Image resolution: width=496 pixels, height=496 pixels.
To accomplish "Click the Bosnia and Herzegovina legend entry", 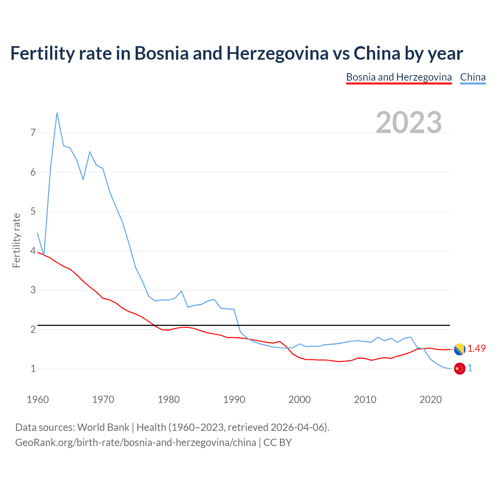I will pyautogui.click(x=399, y=77).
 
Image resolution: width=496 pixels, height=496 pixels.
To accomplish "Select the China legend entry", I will pyautogui.click(x=473, y=77).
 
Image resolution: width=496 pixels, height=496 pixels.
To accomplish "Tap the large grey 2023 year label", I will pyautogui.click(x=409, y=122).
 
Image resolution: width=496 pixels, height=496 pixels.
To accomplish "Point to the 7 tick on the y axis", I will pyautogui.click(x=33, y=133).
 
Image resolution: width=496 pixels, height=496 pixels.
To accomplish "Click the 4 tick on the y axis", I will pyautogui.click(x=33, y=251).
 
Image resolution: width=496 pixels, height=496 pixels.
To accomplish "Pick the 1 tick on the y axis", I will pyautogui.click(x=33, y=369).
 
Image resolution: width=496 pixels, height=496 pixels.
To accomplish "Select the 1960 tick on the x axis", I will pyautogui.click(x=38, y=400).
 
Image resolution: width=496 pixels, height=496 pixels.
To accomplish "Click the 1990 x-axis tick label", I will pyautogui.click(x=234, y=400).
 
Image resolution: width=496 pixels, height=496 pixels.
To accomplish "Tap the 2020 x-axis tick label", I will pyautogui.click(x=431, y=400).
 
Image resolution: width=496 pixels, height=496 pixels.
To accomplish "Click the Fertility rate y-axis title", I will pyautogui.click(x=16, y=240).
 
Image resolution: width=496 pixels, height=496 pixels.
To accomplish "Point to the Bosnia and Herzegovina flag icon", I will pyautogui.click(x=459, y=349).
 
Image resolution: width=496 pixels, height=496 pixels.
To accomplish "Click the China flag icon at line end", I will pyautogui.click(x=459, y=369).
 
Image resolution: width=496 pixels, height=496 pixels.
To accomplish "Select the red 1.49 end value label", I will pyautogui.click(x=476, y=349).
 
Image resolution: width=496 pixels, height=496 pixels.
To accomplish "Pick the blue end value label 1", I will pyautogui.click(x=470, y=368).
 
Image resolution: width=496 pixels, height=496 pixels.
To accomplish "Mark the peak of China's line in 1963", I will pyautogui.click(x=57, y=113).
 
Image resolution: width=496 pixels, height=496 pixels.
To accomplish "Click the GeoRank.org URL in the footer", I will pyautogui.click(x=136, y=443).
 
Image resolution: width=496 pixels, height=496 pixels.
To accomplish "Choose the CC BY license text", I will pyautogui.click(x=277, y=443).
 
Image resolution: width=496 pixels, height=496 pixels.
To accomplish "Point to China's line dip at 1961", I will pyautogui.click(x=44, y=255).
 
